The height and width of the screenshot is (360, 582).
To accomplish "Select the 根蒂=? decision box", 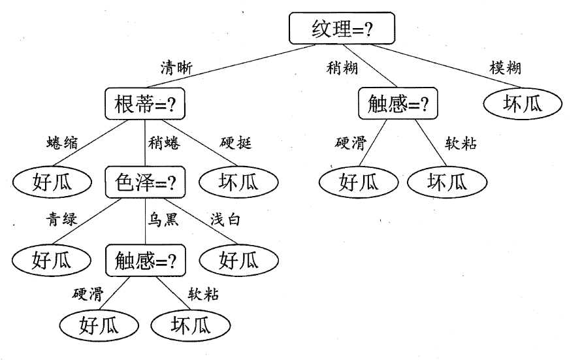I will coord(143,105).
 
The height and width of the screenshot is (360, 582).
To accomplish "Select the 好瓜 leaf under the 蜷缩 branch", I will coord(50,182).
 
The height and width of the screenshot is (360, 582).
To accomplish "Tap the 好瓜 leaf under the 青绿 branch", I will coord(50,261).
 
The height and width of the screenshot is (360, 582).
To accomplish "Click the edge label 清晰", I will coord(178,67).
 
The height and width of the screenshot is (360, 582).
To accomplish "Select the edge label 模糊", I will coord(505,67).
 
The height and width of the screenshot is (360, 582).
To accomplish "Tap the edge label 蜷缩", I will coord(63,143).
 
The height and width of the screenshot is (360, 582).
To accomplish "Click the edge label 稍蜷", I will coord(164,143).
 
